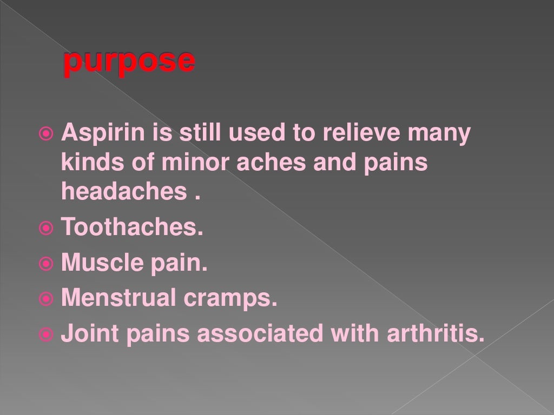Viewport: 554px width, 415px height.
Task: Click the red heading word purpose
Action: (x=129, y=62)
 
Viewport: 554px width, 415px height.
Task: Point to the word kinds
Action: (x=89, y=163)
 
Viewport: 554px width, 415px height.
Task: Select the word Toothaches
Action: (x=133, y=227)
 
